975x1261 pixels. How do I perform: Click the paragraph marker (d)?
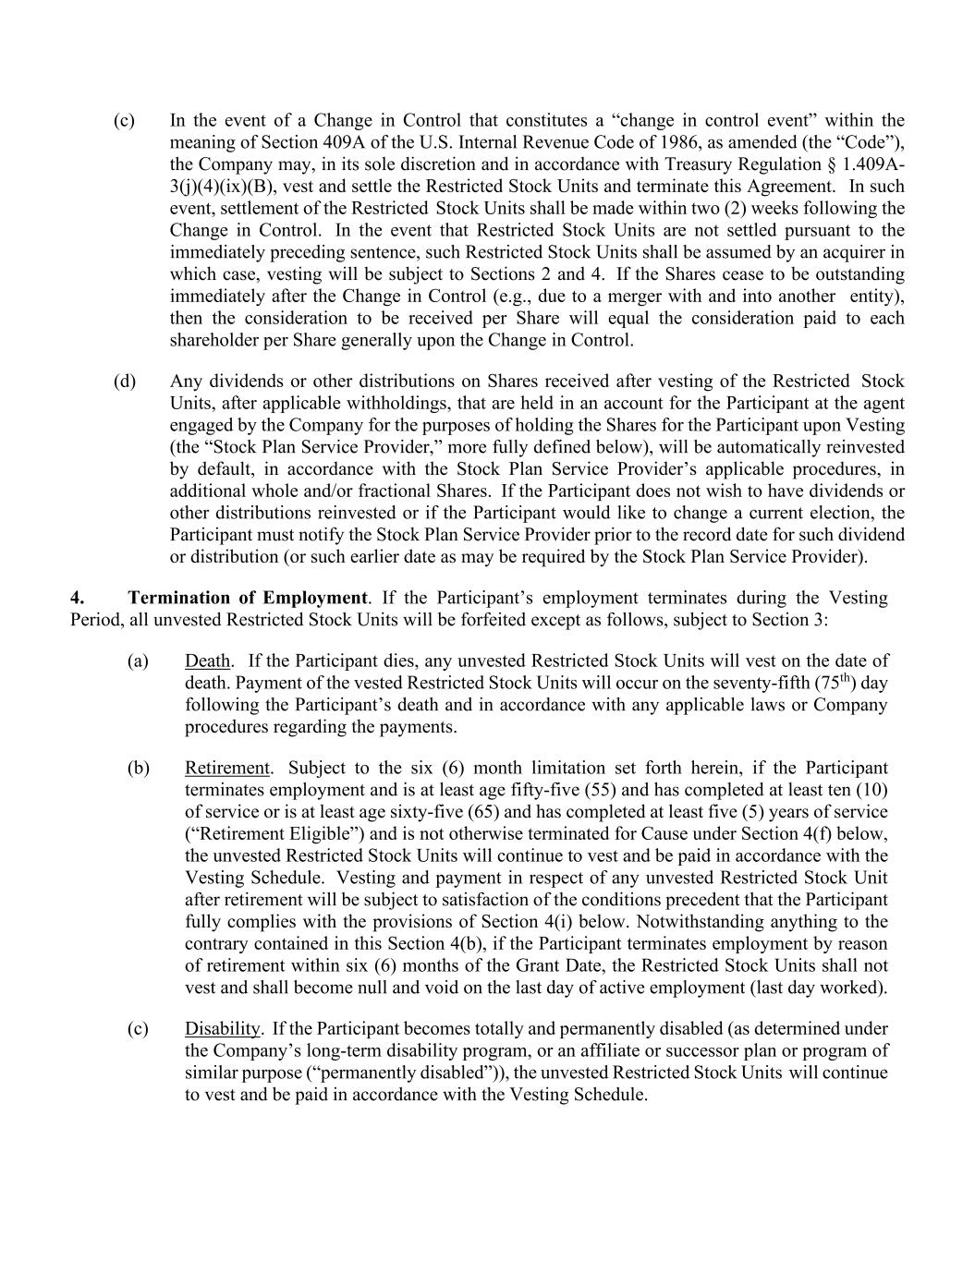point(125,382)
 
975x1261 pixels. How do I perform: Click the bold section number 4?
point(78,598)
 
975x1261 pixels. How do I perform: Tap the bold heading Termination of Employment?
point(248,598)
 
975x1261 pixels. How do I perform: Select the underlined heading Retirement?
point(227,769)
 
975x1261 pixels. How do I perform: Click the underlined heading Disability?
point(223,1029)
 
